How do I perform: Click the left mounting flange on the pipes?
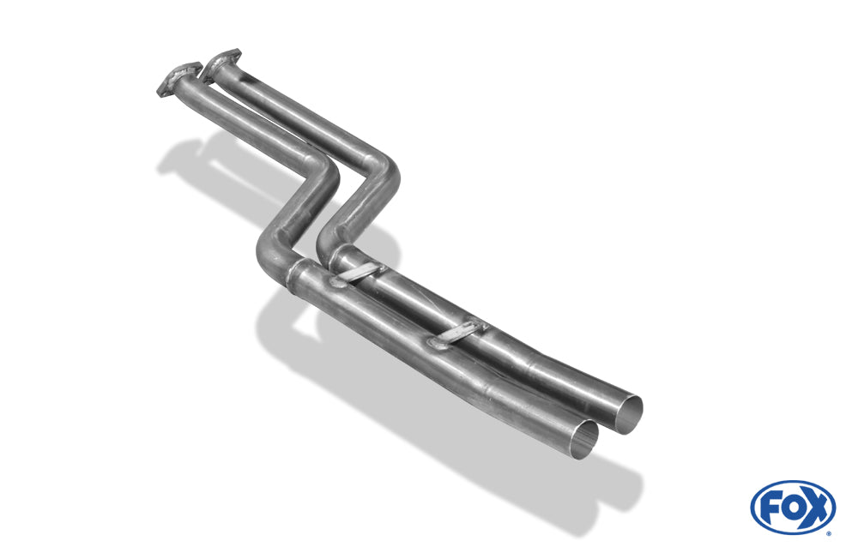pyautogui.click(x=178, y=80)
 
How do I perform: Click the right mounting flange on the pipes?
pyautogui.click(x=222, y=63)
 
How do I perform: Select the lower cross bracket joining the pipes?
pyautogui.click(x=456, y=334)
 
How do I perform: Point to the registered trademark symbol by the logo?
pyautogui.click(x=829, y=533)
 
